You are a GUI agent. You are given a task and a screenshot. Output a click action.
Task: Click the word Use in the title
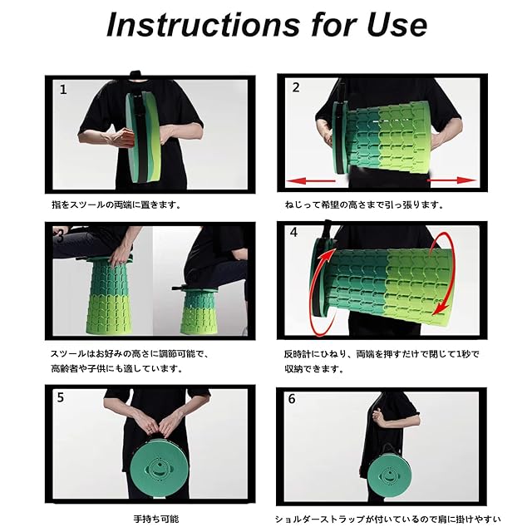pyautogui.click(x=397, y=25)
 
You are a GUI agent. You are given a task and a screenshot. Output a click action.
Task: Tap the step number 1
pyautogui.click(x=63, y=90)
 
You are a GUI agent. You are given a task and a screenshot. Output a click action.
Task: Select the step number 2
pyautogui.click(x=296, y=87)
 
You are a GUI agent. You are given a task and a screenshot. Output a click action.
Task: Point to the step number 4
pyautogui.click(x=293, y=233)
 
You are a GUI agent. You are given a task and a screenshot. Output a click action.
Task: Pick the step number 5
pyautogui.click(x=61, y=397)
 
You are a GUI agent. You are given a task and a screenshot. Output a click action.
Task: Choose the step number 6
pyautogui.click(x=292, y=399)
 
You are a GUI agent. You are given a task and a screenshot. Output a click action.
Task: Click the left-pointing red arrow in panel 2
pyautogui.click(x=311, y=181)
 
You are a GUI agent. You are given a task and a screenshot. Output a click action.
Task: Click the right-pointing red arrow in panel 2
pyautogui.click(x=451, y=180)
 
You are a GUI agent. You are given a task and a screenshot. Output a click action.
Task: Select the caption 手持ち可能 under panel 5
pyautogui.click(x=156, y=519)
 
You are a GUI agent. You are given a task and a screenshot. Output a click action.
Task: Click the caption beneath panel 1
pyautogui.click(x=116, y=205)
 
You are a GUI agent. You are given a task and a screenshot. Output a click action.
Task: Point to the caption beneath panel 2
pyautogui.click(x=364, y=205)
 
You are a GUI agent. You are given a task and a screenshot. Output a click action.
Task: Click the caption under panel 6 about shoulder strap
pyautogui.click(x=387, y=519)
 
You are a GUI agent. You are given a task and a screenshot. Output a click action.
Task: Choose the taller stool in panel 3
pyautogui.click(x=108, y=296)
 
